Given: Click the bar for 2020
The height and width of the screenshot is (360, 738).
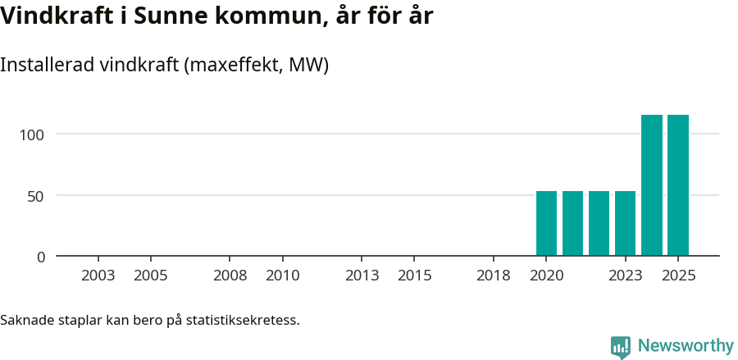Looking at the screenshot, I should click(546, 223).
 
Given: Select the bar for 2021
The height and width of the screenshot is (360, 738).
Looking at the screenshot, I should click(572, 223).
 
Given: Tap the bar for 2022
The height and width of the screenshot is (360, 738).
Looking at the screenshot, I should click(599, 223).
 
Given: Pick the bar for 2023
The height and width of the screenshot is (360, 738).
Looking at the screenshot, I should click(625, 223).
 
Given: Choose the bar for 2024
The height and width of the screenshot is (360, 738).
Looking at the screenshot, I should click(652, 185).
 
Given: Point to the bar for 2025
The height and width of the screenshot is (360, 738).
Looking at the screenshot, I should click(678, 185).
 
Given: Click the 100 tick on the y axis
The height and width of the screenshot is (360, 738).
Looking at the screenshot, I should click(33, 134).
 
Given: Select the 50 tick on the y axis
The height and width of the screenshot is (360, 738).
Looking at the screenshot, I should click(36, 195).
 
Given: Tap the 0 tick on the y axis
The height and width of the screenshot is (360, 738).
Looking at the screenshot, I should click(41, 257).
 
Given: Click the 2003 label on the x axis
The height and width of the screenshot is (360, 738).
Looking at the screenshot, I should click(98, 276).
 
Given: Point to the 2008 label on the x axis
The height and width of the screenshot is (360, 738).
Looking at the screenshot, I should click(230, 276).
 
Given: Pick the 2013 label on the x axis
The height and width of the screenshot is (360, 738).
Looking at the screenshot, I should click(362, 276).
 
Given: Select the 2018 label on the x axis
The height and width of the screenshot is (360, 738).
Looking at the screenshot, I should click(494, 276).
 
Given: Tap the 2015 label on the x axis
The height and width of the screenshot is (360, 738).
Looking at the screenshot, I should click(415, 276).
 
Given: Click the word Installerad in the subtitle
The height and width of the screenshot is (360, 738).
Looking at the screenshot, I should click(45, 65).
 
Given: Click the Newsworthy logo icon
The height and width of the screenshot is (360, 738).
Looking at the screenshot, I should click(621, 347).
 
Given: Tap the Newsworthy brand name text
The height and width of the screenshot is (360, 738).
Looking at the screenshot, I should click(685, 346).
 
